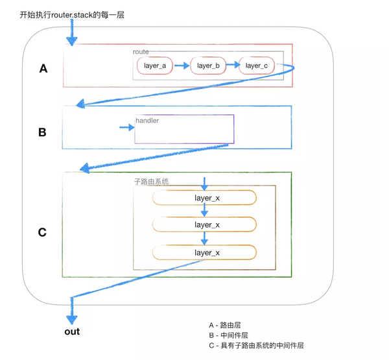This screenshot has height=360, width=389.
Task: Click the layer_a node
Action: coord(154,66)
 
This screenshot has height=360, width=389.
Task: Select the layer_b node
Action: coord(208,66)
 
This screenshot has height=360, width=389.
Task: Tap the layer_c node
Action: coord(256,66)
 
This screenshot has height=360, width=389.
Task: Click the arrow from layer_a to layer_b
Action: coord(182,66)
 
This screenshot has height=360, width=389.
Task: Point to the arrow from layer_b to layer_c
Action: coord(233,65)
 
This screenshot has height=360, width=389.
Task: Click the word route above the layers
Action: coord(141,52)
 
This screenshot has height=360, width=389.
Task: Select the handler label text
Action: coord(147,121)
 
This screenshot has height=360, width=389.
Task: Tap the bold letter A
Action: coord(43,68)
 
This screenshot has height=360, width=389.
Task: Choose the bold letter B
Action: coord(42,132)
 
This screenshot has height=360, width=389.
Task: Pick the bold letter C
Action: coord(42,232)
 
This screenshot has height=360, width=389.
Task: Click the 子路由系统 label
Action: coord(151,182)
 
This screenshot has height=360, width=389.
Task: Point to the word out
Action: coord(72,331)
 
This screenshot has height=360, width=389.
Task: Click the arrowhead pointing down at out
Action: coord(71,318)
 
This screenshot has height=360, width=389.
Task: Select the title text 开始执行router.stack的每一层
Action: coord(71,14)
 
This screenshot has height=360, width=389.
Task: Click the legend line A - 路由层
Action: coord(226,325)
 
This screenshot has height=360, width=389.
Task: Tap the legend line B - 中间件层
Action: coord(228,335)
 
